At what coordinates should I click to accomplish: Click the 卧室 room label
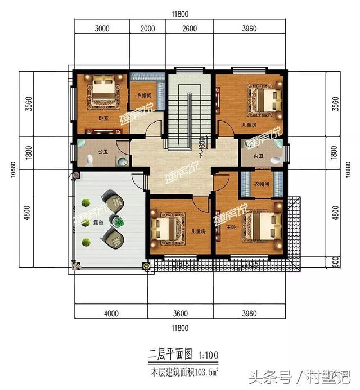[x=103, y=119]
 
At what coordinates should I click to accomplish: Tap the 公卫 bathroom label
[x=102, y=151]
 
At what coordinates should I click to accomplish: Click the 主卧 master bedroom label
[x=230, y=228]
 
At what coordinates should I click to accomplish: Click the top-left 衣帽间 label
[x=145, y=96]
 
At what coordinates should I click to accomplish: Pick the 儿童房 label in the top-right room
[x=249, y=124]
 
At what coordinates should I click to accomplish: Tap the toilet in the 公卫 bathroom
[x=122, y=161]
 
